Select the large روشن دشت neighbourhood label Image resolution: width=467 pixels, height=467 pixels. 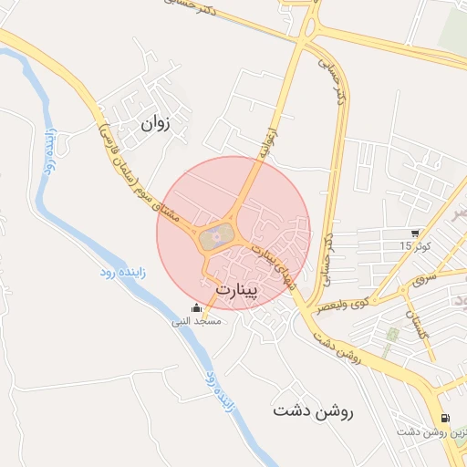(312, 411)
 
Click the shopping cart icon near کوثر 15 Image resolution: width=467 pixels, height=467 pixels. (416, 233)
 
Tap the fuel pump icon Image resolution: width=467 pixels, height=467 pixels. (445, 418)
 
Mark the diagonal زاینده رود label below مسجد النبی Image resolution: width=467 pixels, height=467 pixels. (221, 393)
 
